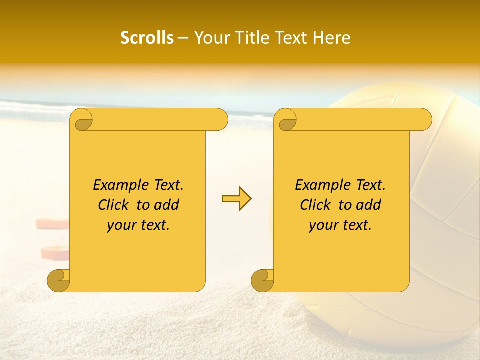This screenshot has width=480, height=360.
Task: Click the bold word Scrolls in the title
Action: point(147,38)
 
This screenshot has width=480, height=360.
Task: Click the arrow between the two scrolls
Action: point(236,199)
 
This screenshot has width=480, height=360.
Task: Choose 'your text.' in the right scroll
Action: point(340,225)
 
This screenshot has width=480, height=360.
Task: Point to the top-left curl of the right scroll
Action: point(286,120)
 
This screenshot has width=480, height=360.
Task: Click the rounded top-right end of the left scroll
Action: point(220,119)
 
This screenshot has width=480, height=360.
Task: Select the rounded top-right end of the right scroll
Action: point(424,119)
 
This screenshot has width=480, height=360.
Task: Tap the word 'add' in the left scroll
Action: point(167,205)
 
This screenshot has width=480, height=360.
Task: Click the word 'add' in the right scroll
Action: point(369,205)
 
